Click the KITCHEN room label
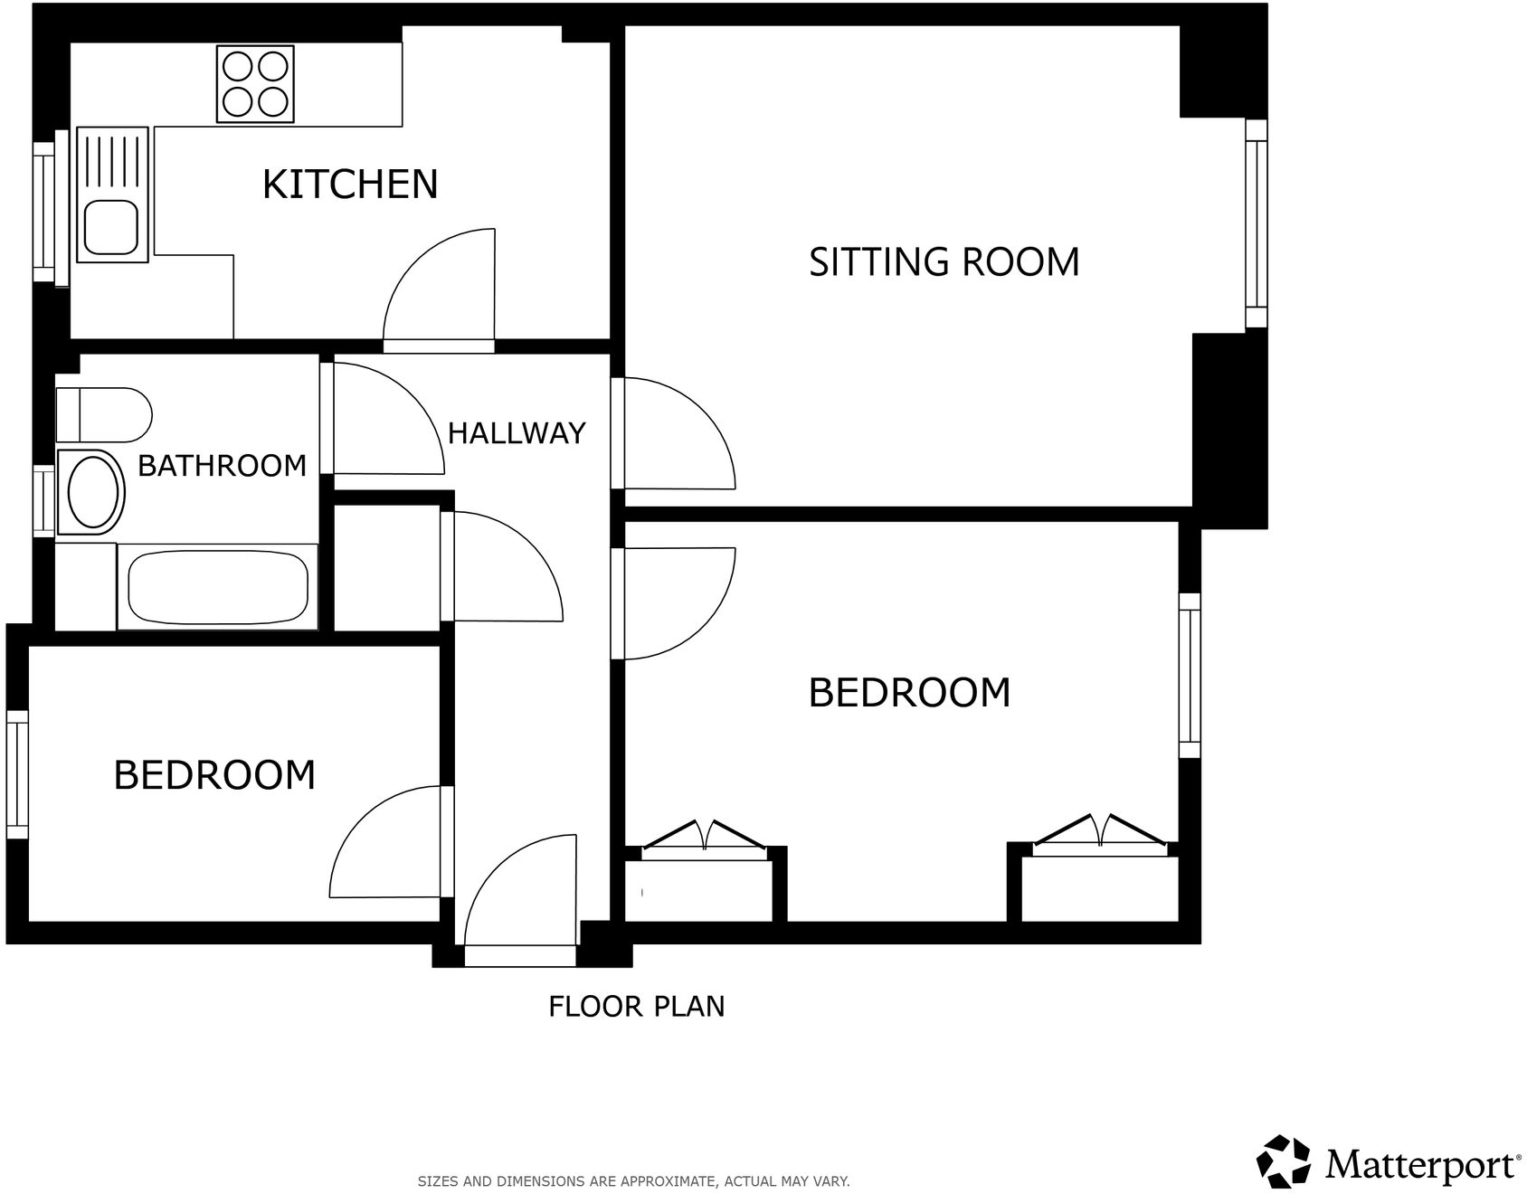350,184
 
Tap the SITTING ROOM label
944,261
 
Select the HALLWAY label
517,433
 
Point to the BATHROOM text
222,466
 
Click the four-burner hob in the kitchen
255,83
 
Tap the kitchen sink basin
111,226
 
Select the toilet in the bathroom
102,415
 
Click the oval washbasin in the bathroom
94,492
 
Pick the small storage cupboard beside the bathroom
387,567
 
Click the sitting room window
1256,223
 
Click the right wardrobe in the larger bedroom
1099,886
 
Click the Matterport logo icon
1284,1161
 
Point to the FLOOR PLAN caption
636,1006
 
